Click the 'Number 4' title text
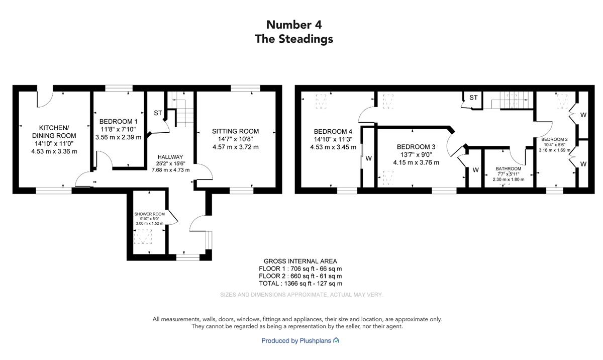pos(294,25)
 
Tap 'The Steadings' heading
pos(294,39)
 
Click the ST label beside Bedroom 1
pos(158,113)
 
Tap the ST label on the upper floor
pos(473,98)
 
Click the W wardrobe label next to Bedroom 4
pos(368,158)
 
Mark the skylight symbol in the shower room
pos(143,237)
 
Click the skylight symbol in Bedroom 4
pos(321,102)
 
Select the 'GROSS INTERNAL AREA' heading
pos(300,261)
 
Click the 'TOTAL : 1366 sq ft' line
pos(300,284)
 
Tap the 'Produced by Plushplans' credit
pos(300,340)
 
